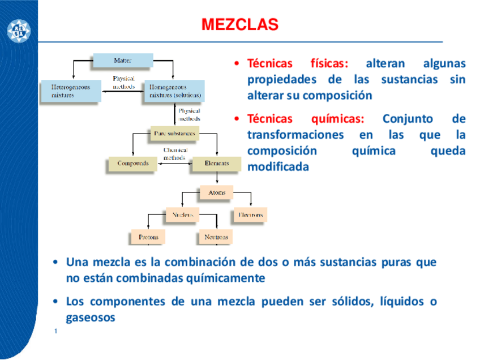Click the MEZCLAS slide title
coord(240,25)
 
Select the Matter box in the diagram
coord(123,60)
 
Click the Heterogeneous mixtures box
coord(71,91)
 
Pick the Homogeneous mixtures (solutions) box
coord(174,91)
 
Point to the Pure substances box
coord(174,134)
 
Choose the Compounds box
coord(133,164)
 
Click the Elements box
coord(217,164)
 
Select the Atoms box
coord(216,192)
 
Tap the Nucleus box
coord(182,215)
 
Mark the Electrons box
coord(250,215)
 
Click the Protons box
coord(148,237)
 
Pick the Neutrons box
coord(216,237)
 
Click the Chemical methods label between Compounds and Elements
coord(175,154)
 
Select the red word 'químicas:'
coord(338,119)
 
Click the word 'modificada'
coord(278,167)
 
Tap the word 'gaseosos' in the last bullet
coord(91,318)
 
